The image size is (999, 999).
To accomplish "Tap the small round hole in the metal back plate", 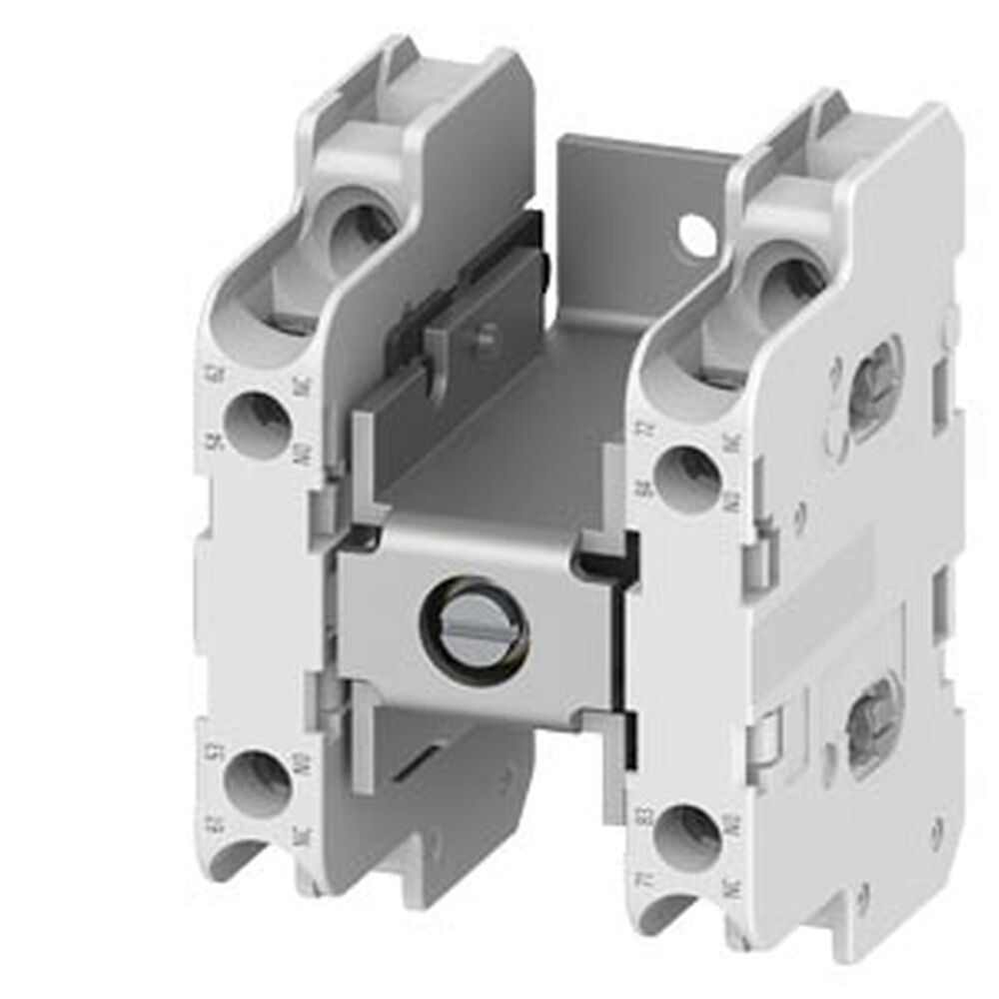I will [x=690, y=234].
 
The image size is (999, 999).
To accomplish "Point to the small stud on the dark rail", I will [x=488, y=339].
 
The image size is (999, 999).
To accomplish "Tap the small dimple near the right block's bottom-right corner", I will [x=936, y=825].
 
